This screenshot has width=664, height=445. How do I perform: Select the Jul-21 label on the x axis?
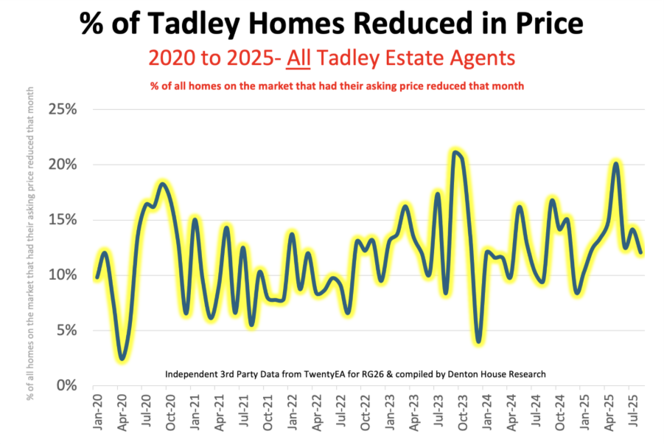click(243, 413)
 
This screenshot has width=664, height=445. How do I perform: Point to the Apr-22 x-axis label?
click(318, 413)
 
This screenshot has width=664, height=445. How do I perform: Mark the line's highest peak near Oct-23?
click(456, 153)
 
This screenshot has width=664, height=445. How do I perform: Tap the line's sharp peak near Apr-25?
click(616, 163)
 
